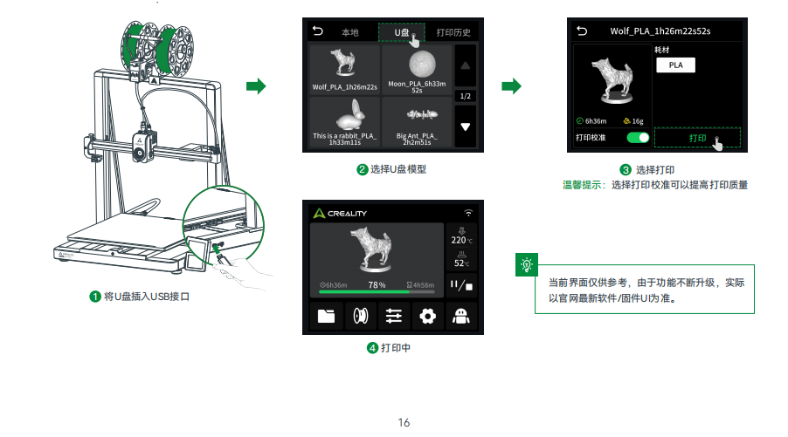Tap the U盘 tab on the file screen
coord(402,32)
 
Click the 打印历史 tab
coord(453,32)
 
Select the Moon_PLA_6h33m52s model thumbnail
coord(417,69)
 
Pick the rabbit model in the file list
coord(345,122)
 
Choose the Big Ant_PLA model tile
coord(417,122)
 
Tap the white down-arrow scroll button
coord(466,127)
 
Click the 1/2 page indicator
coord(466,96)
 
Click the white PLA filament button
coord(675,65)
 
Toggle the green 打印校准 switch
coord(638,138)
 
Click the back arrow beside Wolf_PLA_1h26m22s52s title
coord(582,31)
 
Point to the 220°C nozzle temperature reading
coord(461,241)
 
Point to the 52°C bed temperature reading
coord(461,263)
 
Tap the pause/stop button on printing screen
coord(461,285)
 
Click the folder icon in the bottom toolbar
coord(326,316)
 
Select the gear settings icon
coord(428,316)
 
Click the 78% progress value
coord(377,285)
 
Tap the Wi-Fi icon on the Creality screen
coord(468,213)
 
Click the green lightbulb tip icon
coord(527,264)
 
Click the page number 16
coord(404,422)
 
